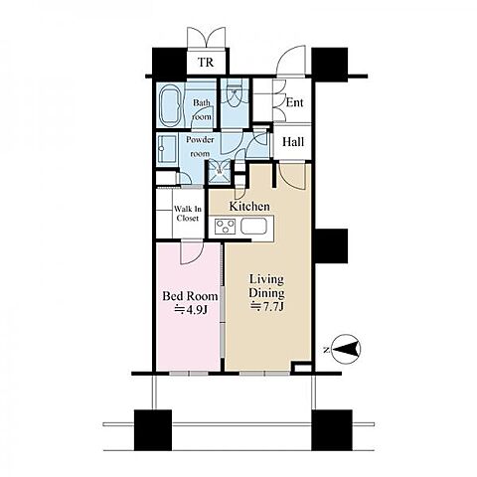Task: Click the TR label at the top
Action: [206, 62]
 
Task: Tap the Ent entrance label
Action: [294, 102]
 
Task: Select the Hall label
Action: [293, 142]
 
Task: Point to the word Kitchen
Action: [249, 206]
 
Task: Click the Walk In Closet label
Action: [188, 214]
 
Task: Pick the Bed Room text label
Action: [190, 296]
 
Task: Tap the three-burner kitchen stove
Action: [226, 227]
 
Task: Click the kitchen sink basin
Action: [253, 227]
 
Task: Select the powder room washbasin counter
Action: [167, 149]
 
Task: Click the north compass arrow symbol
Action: [346, 349]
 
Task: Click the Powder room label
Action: [200, 146]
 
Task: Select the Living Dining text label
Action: [266, 286]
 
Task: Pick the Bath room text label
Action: [202, 109]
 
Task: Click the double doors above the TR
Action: [207, 37]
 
